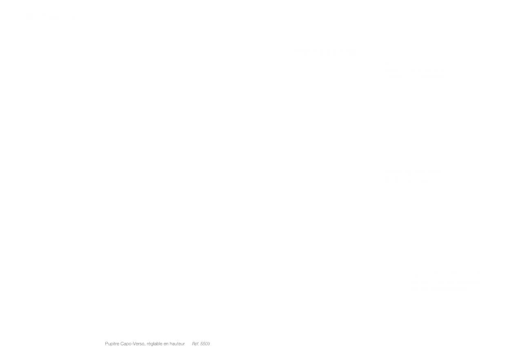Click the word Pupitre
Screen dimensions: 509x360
[x=112, y=344]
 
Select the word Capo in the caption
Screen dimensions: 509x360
[x=126, y=344]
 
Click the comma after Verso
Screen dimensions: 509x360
[x=145, y=345]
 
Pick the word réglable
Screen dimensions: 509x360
[x=155, y=344]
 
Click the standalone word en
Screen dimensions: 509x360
[x=166, y=344]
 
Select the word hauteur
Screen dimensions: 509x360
[x=177, y=344]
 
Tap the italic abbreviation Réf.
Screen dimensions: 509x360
[x=196, y=344]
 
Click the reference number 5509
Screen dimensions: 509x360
[x=205, y=344]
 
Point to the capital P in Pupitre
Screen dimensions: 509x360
[x=107, y=344]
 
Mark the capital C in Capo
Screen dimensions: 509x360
[x=122, y=344]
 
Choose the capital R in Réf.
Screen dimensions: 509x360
[x=193, y=344]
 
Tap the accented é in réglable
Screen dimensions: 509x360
[x=149, y=343]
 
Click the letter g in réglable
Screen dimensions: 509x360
[x=152, y=344]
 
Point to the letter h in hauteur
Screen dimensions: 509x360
[x=171, y=344]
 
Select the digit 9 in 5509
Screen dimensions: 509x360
[x=209, y=344]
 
